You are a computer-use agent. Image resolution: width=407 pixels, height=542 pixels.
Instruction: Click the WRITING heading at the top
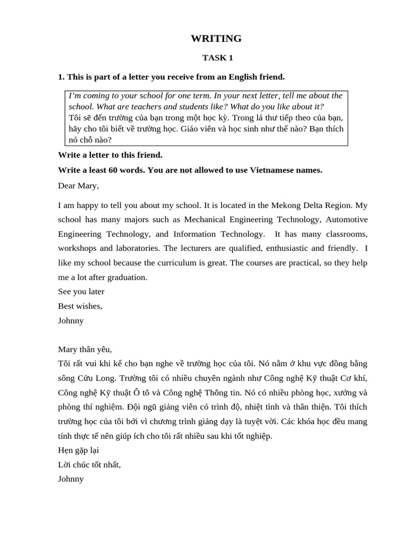click(216, 39)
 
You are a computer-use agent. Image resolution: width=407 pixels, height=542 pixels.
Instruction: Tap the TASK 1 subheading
click(217, 58)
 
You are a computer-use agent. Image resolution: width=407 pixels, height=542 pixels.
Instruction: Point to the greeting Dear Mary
click(78, 186)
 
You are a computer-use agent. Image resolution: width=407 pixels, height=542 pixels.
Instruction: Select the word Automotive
click(347, 220)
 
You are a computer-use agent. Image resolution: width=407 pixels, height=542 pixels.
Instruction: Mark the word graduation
click(126, 277)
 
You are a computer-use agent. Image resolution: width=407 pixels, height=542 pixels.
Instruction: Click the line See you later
click(81, 292)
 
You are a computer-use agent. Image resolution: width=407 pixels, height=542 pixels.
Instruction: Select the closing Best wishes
click(80, 306)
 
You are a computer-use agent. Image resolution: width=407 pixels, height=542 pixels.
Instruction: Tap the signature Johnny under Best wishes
click(71, 321)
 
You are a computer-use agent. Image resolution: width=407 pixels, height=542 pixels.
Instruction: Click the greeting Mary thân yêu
click(85, 349)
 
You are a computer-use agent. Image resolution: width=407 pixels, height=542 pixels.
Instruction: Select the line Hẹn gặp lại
click(78, 450)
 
